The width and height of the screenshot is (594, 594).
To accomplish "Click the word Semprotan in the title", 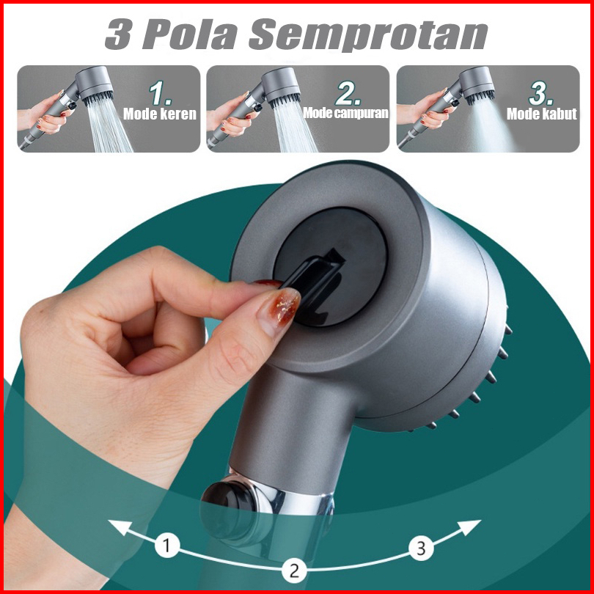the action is [368, 35].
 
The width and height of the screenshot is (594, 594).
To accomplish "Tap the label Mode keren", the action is [160, 114].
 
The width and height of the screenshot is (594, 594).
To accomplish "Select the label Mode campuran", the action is [346, 113].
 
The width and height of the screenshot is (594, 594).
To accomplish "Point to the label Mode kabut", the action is [542, 114].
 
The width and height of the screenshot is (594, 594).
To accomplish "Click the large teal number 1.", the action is [159, 93].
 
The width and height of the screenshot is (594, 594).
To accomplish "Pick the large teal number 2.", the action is [348, 93].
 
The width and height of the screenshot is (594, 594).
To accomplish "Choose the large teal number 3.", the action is [540, 93].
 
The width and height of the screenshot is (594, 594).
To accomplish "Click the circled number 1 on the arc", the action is [167, 546].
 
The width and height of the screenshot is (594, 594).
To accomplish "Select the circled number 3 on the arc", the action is [421, 548].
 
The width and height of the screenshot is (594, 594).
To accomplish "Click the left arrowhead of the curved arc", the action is [120, 527].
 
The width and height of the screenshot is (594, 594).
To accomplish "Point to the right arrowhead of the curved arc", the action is [470, 527].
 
